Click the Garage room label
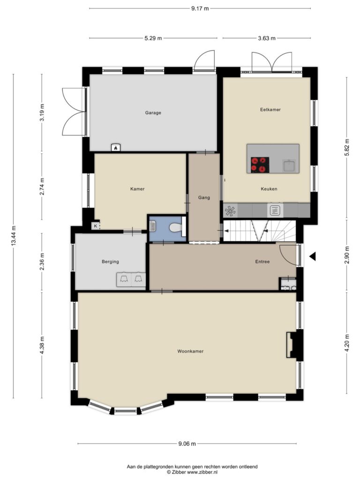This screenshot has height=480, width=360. point(153,112)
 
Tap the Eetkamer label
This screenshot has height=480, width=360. point(270,109)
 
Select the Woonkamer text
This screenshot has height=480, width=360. point(190,351)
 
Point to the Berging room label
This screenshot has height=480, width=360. point(110,262)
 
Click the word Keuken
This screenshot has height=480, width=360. point(269,189)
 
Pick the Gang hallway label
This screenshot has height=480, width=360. point(204,197)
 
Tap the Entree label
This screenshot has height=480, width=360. point(262,262)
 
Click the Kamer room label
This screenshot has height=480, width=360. point(137,189)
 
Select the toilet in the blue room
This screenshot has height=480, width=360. point(176,227)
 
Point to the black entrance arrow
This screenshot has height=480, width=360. point(312,256)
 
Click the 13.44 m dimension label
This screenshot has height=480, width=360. point(13,236)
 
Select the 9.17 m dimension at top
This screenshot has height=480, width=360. point(200,8)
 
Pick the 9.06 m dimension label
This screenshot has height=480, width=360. point(187,443)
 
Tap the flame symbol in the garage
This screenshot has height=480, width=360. point(116,148)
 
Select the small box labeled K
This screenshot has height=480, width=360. point(96,226)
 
